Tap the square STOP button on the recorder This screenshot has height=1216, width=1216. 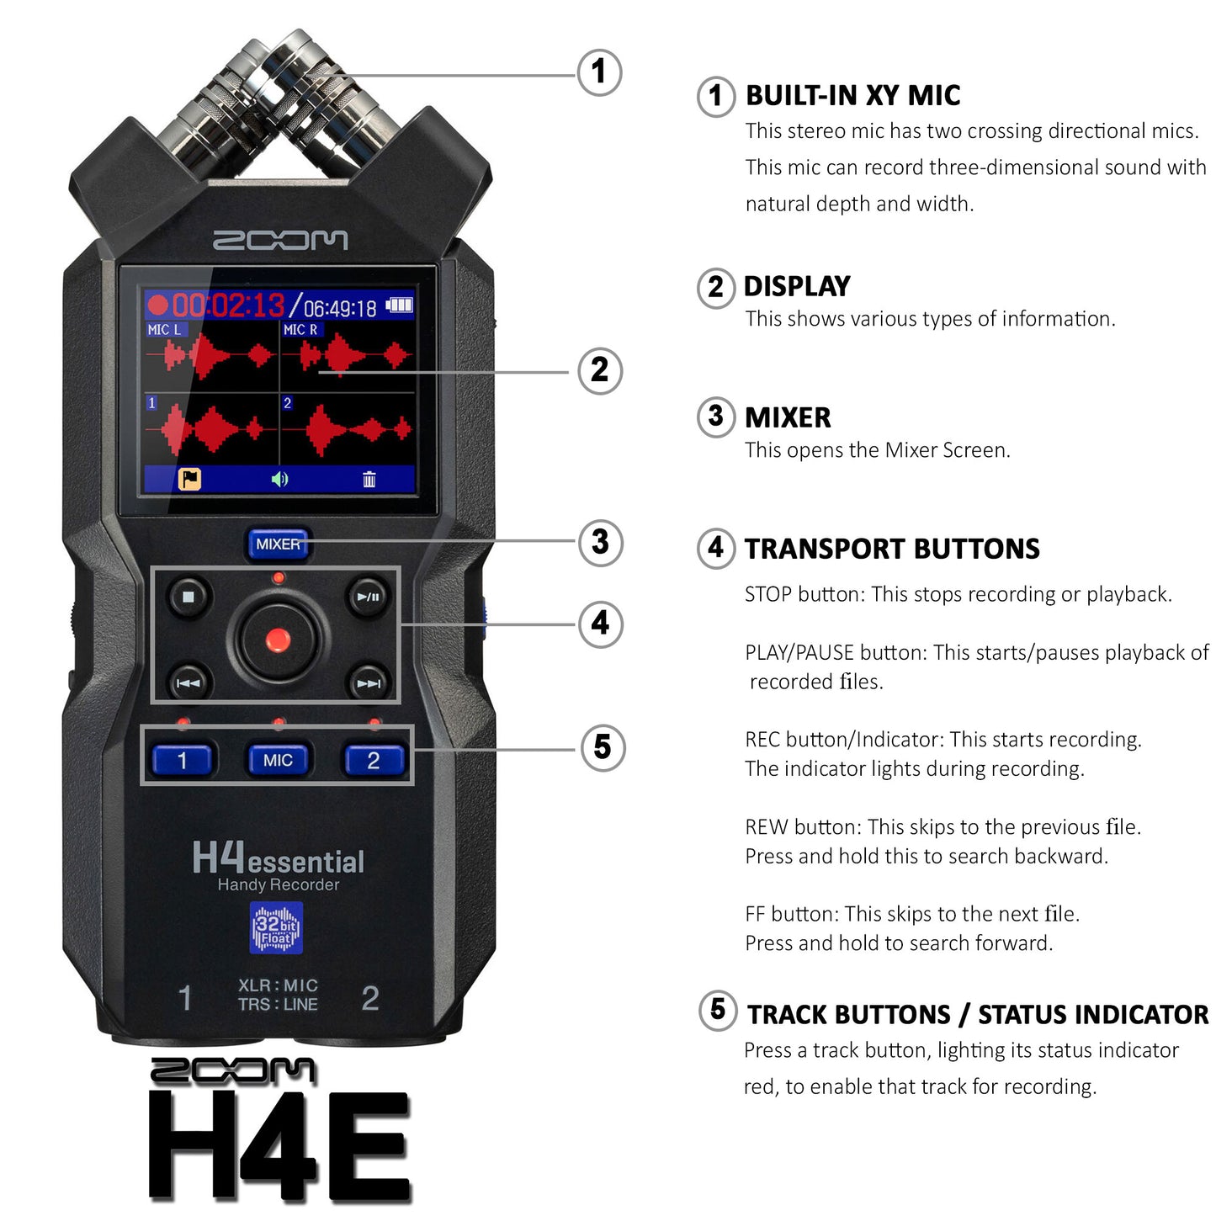[189, 597]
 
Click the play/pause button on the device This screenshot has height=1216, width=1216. [369, 597]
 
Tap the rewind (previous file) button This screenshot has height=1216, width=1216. [189, 682]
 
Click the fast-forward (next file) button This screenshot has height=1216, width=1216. [369, 682]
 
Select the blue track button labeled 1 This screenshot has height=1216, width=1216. [183, 760]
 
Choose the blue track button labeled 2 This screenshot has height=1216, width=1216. [374, 760]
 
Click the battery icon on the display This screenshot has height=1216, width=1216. [400, 305]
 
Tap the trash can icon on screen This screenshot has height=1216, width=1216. [369, 480]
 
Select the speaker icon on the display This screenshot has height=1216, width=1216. [279, 480]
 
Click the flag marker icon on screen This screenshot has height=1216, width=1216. [189, 480]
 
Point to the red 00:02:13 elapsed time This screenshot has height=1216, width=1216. [227, 305]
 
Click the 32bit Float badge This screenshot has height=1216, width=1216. [276, 927]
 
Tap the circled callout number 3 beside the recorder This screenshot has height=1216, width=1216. [600, 542]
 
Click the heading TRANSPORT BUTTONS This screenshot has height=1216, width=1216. [892, 549]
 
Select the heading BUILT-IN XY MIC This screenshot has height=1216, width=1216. [852, 96]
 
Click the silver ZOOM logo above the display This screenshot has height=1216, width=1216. [279, 241]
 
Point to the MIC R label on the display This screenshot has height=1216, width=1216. [300, 330]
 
